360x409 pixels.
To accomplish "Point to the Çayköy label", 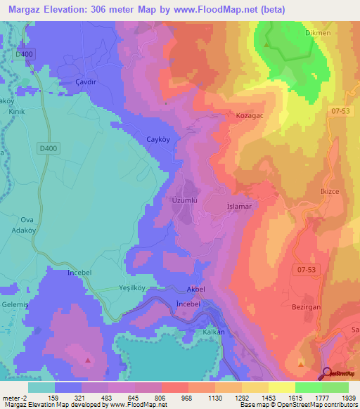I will coord(160,138).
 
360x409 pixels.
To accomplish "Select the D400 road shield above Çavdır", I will coord(23,54).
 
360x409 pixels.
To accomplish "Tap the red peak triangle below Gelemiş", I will coord(88,360).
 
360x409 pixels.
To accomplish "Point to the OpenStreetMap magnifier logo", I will coord(327,373).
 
